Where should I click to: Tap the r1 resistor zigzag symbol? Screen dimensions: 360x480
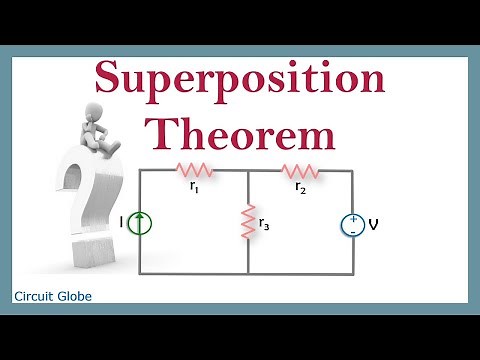tap(193, 170)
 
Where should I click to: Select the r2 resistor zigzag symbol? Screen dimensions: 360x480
tap(300, 170)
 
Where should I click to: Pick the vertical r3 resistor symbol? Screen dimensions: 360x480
tap(247, 222)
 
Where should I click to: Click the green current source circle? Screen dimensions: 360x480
tap(140, 223)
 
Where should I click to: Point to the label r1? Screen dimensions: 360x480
tap(194, 185)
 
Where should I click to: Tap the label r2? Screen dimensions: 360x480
tap(300, 185)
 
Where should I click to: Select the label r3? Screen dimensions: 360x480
tap(264, 224)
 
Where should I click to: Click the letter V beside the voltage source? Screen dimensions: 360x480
tap(373, 224)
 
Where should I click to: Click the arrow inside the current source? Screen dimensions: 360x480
tap(140, 223)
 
